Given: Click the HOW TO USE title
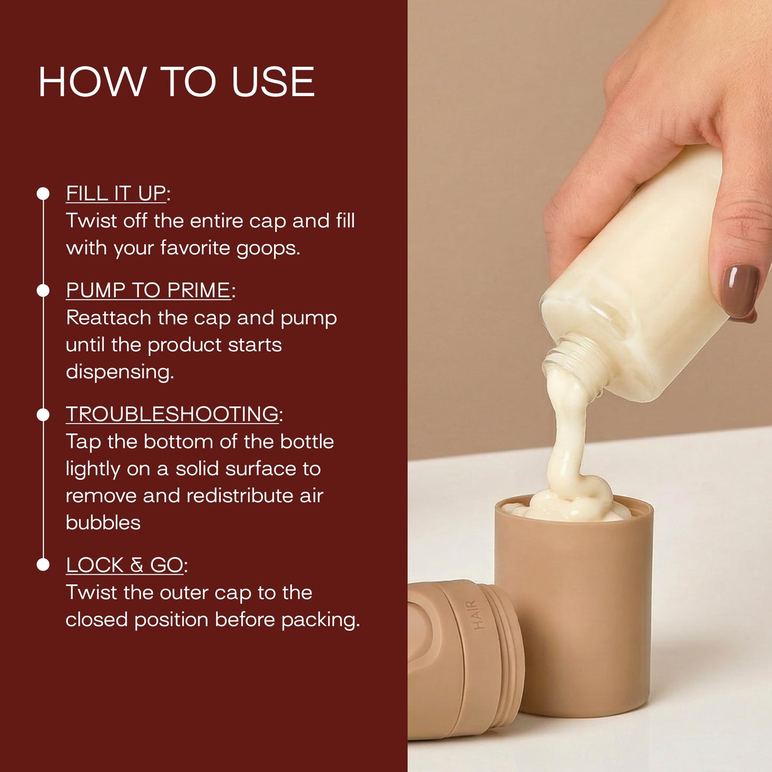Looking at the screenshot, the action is tap(176, 82).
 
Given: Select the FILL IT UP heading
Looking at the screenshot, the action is tap(116, 193).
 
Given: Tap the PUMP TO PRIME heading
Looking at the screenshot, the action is tap(149, 290).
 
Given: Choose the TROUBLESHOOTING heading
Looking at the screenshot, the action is tap(172, 414).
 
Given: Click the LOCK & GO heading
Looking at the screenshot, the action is tap(124, 565).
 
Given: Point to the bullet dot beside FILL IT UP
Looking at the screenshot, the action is tap(43, 193).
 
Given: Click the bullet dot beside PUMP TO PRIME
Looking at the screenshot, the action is tap(43, 291).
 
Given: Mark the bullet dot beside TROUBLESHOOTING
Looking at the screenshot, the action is tap(43, 415).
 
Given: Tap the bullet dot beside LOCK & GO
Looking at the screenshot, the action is tap(43, 565).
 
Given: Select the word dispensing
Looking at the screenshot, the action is tap(120, 372).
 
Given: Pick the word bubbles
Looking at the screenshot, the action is tap(103, 523).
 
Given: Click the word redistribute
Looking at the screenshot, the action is tap(240, 496).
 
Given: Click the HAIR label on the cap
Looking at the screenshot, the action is tap(479, 614).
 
